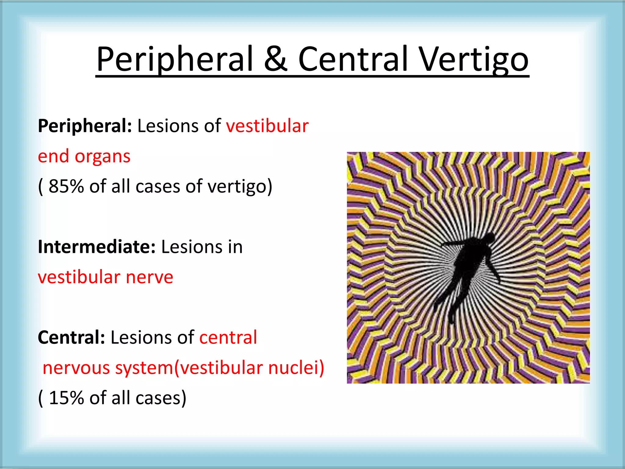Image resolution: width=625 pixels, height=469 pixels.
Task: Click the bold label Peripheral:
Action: tap(85, 126)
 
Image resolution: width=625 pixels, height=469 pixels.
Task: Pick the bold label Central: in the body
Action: tap(71, 337)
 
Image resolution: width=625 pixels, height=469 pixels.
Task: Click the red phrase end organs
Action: tap(84, 157)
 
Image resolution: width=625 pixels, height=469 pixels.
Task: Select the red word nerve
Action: tap(150, 277)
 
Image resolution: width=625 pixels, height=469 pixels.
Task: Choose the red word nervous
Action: tap(76, 368)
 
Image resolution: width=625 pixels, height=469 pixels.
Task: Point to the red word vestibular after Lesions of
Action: tap(267, 126)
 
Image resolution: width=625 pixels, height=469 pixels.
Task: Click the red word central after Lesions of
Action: tap(228, 337)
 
